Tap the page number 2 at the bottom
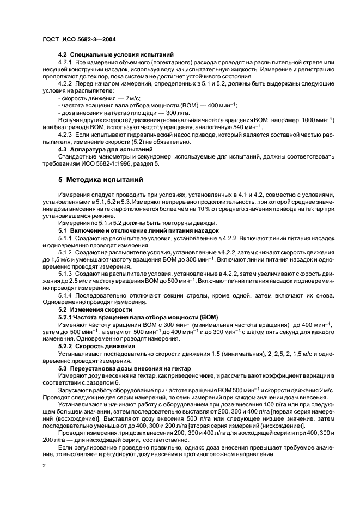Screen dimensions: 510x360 click(44, 467)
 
